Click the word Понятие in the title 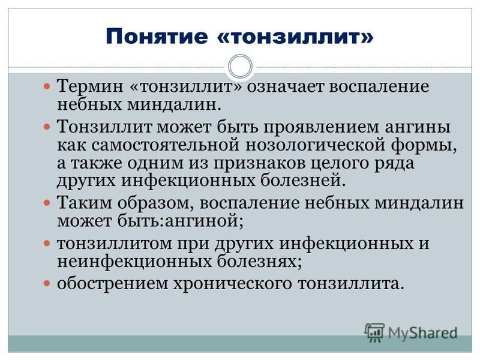(x=157, y=37)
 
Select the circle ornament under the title (x=241, y=67)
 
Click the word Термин (x=91, y=86)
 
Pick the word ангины (x=418, y=127)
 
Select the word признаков (x=259, y=163)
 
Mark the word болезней (x=303, y=181)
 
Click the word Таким (x=85, y=203)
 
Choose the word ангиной (x=204, y=221)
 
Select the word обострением (x=112, y=284)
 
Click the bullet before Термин (x=47, y=86)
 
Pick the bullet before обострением (x=47, y=283)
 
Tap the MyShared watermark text (x=423, y=333)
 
